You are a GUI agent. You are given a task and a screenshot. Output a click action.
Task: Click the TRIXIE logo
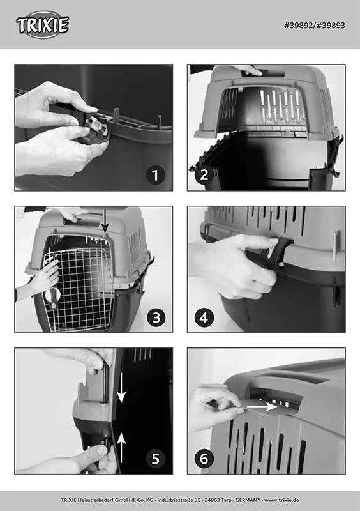42,25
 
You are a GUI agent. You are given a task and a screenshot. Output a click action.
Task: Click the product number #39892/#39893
315,26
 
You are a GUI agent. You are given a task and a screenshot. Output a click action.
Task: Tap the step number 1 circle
155,175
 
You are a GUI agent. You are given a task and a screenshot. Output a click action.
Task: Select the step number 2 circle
204,175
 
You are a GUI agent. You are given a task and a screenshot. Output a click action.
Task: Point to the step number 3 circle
156,317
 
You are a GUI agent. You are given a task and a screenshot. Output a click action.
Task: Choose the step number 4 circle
204,317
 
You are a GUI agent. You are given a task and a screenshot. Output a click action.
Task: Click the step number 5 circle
156,459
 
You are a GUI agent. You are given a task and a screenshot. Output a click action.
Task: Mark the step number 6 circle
204,459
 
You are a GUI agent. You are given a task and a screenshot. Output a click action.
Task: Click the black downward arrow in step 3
105,220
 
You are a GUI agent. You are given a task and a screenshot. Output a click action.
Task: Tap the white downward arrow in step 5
121,388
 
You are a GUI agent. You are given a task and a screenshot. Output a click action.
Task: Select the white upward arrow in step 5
121,448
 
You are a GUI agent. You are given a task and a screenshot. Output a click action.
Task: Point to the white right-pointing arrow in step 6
262,406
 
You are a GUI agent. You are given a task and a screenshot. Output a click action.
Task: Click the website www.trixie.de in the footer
281,500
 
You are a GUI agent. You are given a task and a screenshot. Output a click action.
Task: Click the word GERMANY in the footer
248,500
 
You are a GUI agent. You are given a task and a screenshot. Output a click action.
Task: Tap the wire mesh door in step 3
78,289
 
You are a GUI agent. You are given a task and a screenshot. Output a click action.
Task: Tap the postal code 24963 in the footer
213,500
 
